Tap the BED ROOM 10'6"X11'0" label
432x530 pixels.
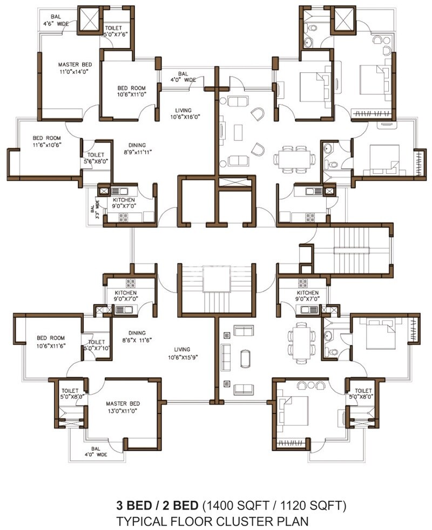click(x=132, y=91)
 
